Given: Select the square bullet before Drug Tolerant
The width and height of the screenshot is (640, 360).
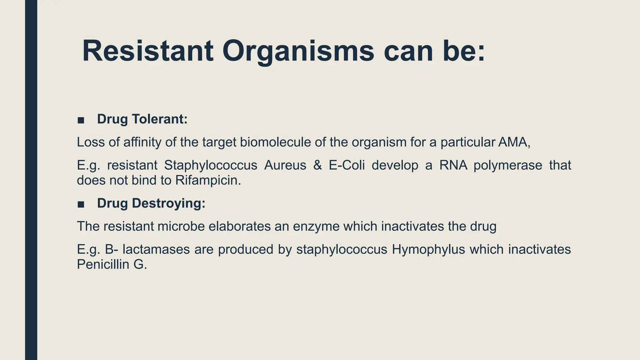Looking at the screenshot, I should tap(81, 120).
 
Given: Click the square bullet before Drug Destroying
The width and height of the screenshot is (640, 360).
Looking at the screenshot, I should tap(81, 204).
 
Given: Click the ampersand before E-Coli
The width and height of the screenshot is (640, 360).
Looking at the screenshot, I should tap(317, 165).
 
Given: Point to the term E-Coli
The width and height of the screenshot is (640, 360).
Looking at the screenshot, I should tap(347, 165).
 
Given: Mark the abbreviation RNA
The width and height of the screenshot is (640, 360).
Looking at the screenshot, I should tap(453, 165).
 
